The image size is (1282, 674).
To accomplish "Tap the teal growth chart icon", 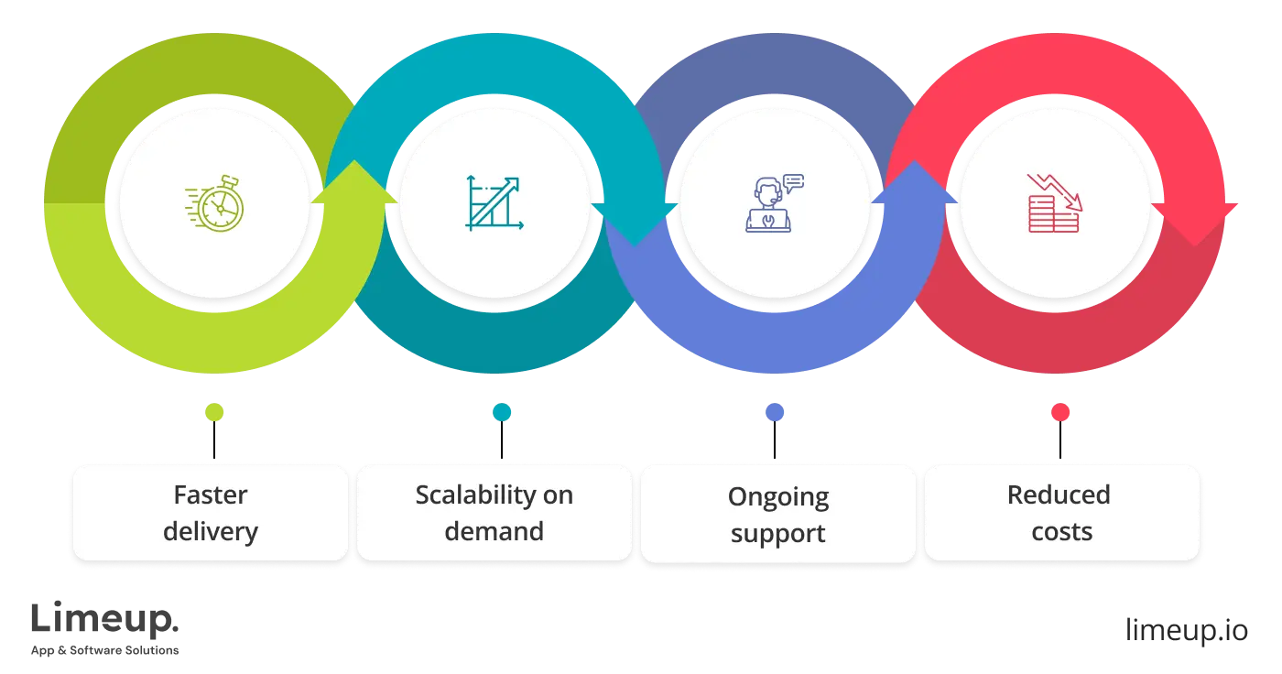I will (x=494, y=202).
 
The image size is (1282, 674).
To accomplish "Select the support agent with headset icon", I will (x=774, y=203).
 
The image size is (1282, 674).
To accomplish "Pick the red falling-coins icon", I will (x=1054, y=203).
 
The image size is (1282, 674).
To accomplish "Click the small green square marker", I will (x=215, y=413).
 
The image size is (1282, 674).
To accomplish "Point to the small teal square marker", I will (x=501, y=413).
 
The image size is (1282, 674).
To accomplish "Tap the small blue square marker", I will (x=774, y=413).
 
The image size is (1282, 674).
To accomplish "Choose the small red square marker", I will (x=1059, y=413).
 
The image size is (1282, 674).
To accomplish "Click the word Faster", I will (x=211, y=495).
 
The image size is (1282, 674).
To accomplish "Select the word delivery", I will (x=211, y=531).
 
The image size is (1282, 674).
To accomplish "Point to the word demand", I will (x=494, y=531).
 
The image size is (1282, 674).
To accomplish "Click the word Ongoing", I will (x=778, y=497).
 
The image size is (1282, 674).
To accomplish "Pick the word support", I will (x=778, y=534).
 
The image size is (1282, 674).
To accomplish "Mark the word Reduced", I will (x=1059, y=495).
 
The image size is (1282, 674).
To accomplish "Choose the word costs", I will (x=1062, y=531).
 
